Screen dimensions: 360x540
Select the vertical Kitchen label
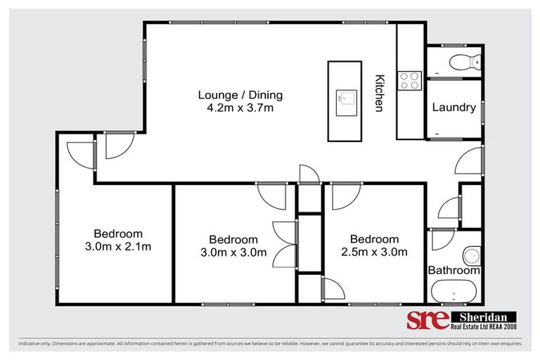tap(380, 93)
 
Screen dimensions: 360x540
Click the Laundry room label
tap(454, 108)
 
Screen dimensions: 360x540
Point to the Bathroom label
tap(454, 270)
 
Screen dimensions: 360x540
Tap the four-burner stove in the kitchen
tap(409, 81)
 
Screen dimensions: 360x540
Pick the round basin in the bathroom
tap(472, 255)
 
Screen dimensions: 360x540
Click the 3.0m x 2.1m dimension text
tap(118, 246)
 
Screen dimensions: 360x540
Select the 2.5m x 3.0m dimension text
tap(374, 252)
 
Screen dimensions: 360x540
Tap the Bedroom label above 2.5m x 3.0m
tap(374, 239)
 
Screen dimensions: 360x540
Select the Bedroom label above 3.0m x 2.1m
tap(118, 233)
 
